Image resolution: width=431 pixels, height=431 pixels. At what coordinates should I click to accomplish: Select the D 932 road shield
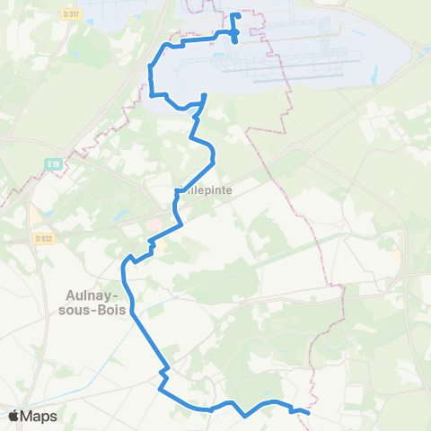[41, 238]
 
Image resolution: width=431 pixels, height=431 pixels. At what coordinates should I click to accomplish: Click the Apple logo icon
[14, 416]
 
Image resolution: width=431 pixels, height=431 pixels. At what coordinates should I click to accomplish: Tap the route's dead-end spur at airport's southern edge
[206, 95]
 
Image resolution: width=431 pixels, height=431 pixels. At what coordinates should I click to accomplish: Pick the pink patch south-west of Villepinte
[155, 223]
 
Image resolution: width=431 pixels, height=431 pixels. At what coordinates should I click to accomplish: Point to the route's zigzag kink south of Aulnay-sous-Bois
[163, 371]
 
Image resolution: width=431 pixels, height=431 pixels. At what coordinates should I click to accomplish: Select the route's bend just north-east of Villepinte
[214, 160]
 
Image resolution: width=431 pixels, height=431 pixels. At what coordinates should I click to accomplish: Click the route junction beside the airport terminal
[234, 34]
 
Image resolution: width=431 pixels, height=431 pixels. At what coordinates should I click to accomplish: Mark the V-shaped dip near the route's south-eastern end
[244, 416]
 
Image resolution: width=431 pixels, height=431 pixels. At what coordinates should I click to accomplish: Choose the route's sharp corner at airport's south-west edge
[150, 93]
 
